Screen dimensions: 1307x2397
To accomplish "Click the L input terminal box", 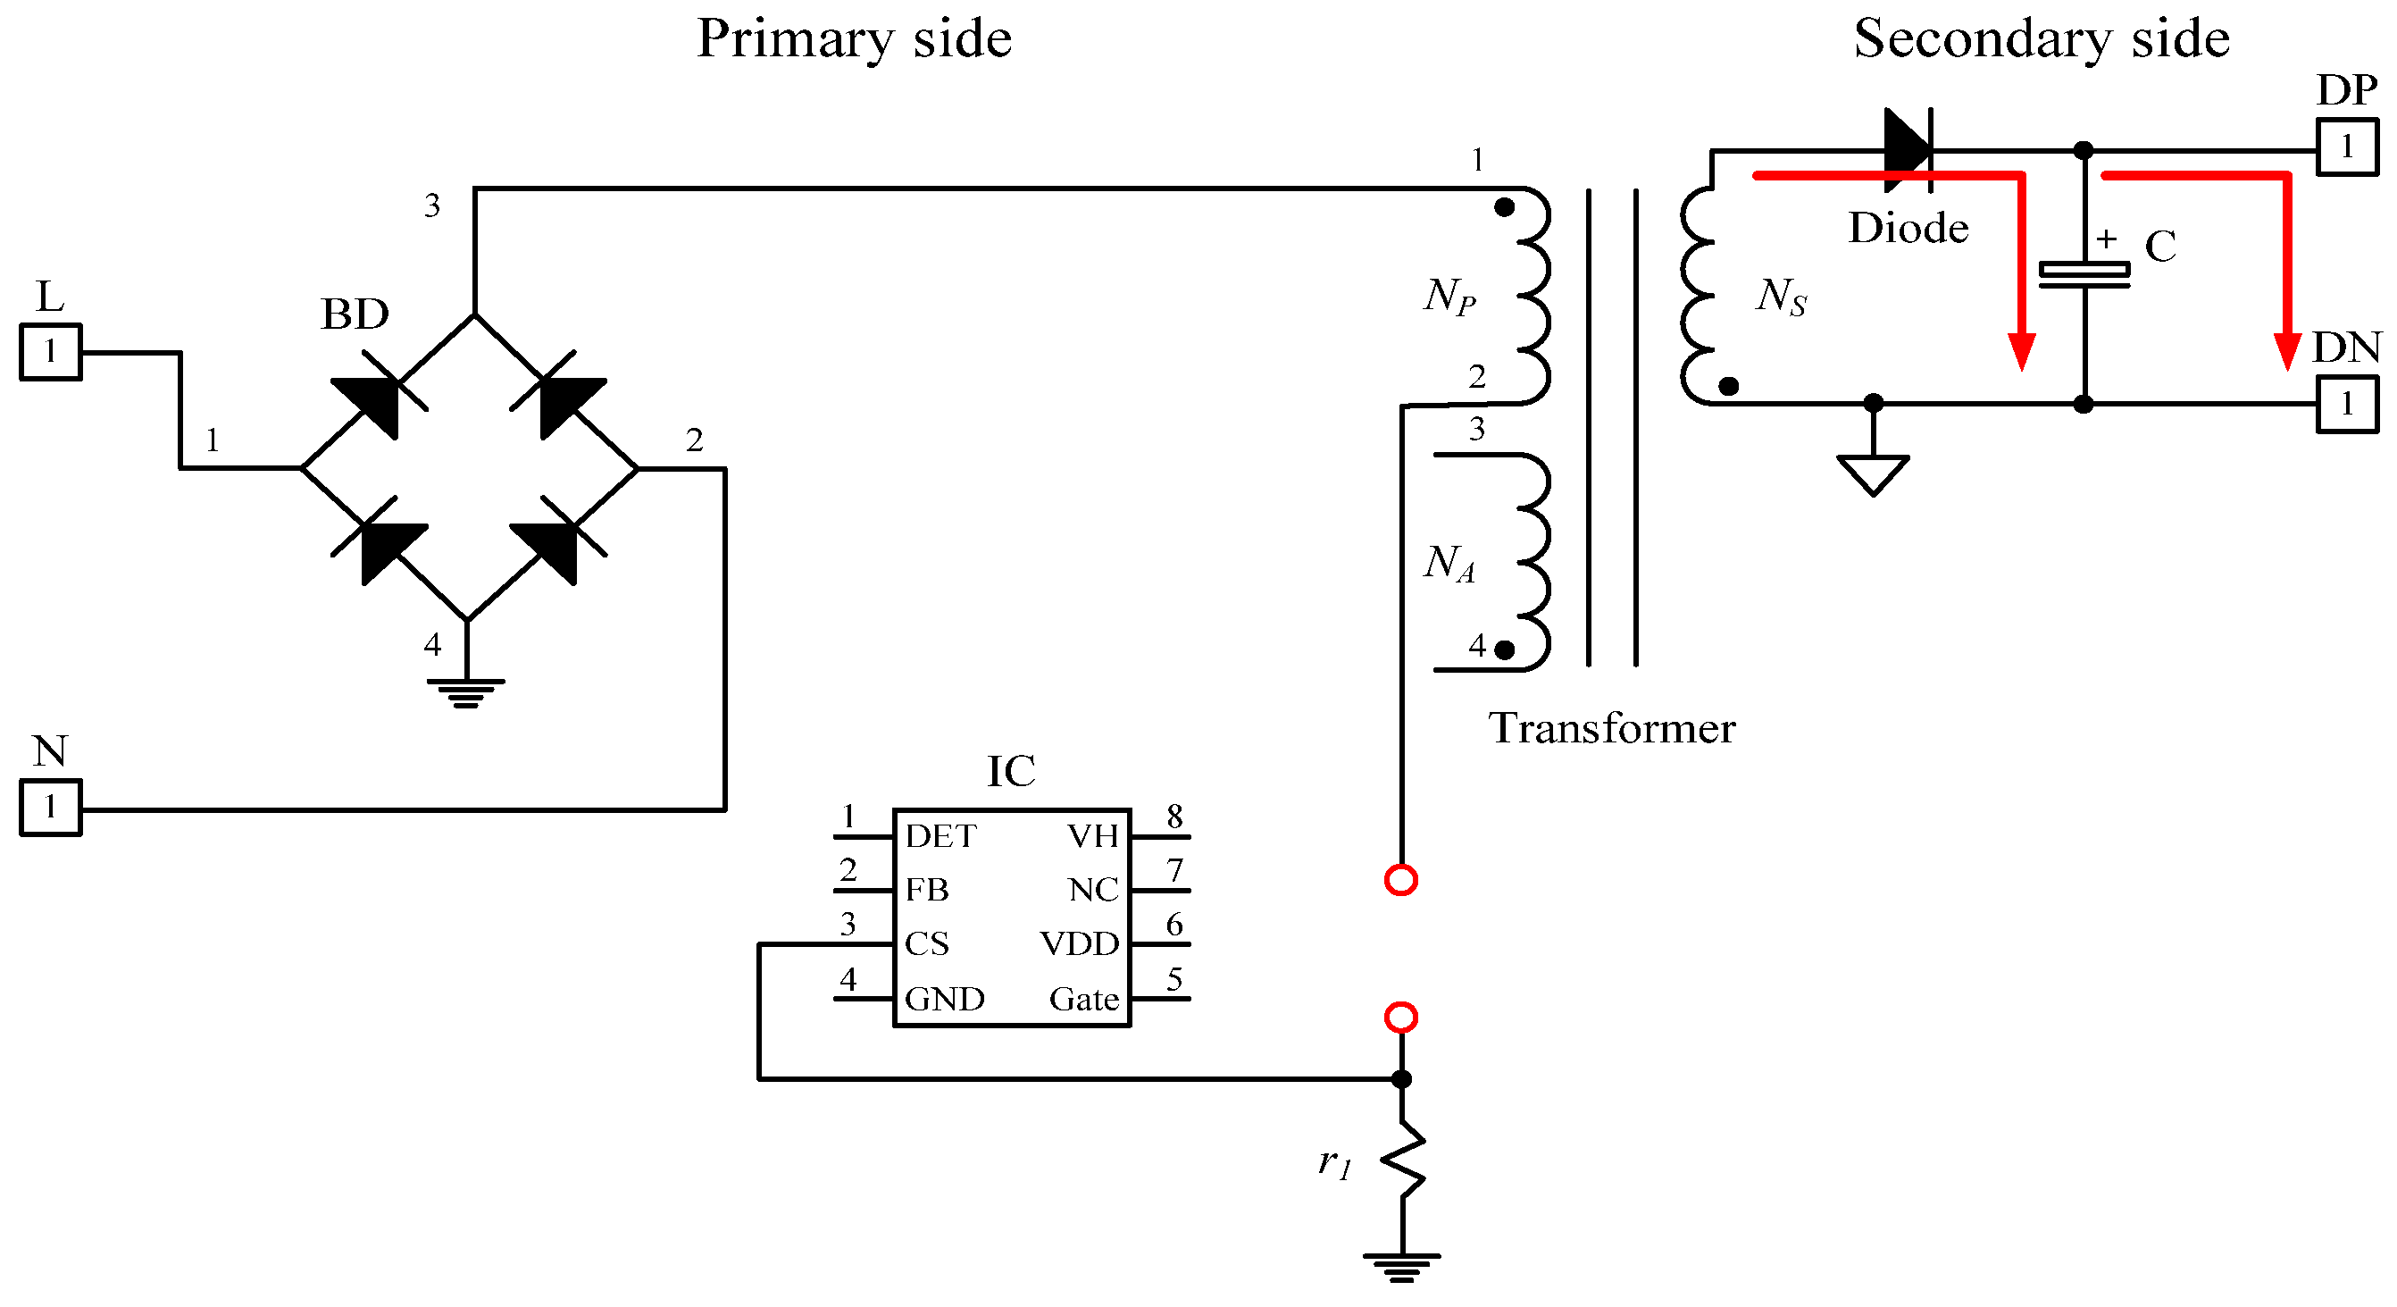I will [50, 352].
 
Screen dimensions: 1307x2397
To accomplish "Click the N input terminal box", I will [50, 807].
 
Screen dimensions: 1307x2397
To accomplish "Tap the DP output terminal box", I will [2347, 147].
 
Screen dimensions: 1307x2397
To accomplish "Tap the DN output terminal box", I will [2347, 404].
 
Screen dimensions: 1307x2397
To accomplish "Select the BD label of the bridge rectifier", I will [355, 314].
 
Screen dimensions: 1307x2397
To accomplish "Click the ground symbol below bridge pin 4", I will [466, 692].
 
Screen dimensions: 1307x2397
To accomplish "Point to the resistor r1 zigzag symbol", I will [1402, 1160].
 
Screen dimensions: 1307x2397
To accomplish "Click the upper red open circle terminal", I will [1400, 880].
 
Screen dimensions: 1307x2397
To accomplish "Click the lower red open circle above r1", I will [1400, 1017].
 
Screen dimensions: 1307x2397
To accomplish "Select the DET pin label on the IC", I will [940, 836].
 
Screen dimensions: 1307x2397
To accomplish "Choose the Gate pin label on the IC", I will [1083, 999].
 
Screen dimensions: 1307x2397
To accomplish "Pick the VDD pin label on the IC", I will [1079, 944].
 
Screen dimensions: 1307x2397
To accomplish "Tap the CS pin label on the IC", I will [926, 944].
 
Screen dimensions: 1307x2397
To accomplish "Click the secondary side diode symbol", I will [1907, 149].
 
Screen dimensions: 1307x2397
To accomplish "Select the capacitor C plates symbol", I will [2084, 273].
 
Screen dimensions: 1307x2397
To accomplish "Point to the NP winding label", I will [1449, 296].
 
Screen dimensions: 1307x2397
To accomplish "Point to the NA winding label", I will [1449, 563].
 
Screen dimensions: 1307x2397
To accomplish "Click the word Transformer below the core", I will [1611, 728].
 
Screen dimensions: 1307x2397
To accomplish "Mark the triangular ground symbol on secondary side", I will [1872, 472].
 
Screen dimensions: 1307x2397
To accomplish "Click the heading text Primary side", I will [853, 39].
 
